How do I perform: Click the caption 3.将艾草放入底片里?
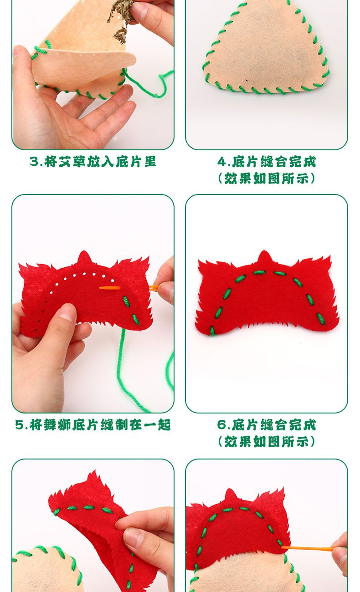click(x=93, y=162)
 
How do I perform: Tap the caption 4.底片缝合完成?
click(x=267, y=162)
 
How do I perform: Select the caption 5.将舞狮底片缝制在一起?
click(x=93, y=425)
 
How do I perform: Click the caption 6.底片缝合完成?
click(x=267, y=425)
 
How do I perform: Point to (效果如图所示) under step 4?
click(x=267, y=178)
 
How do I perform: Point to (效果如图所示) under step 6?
click(x=267, y=441)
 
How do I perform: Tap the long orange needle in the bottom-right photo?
click(x=308, y=548)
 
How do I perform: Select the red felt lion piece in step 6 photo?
click(x=267, y=296)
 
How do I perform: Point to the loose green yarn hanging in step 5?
click(x=125, y=373)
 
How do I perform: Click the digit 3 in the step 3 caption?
click(x=33, y=162)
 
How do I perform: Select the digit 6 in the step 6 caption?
click(x=222, y=425)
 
